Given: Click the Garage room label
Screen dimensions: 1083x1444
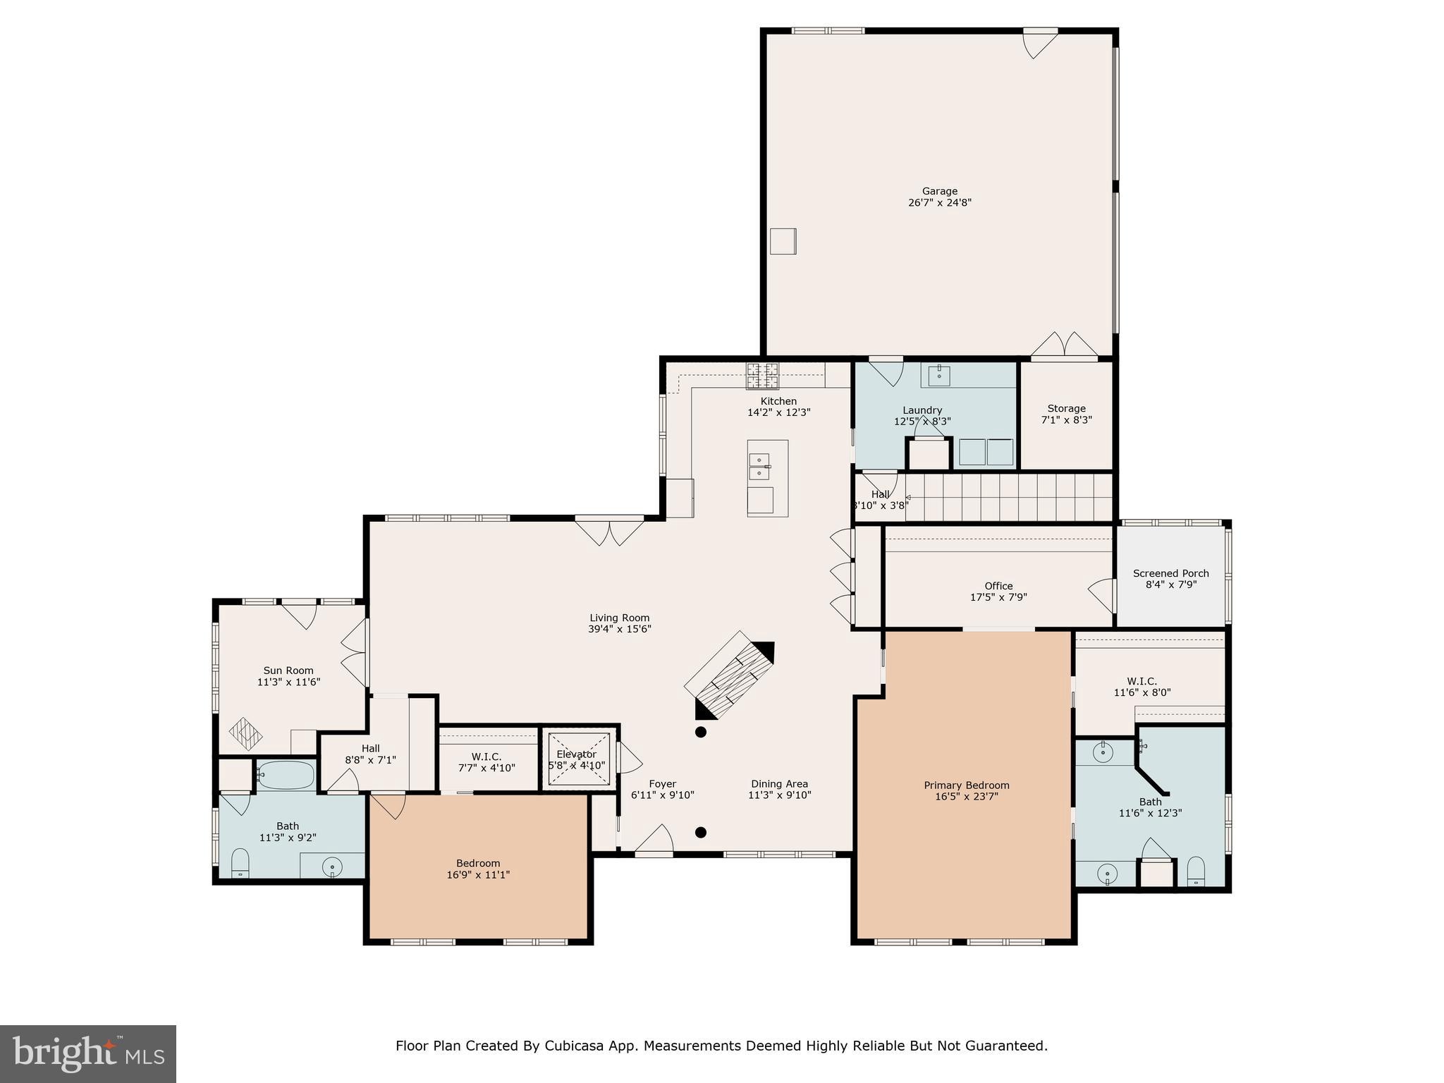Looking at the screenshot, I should point(939,191).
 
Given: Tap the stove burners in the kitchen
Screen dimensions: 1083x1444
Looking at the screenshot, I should point(762,376).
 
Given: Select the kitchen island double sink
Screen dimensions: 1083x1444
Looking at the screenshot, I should point(759,466).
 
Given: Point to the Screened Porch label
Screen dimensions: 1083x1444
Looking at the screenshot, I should point(1170,573).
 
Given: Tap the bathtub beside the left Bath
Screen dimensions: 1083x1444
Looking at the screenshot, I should point(286,775).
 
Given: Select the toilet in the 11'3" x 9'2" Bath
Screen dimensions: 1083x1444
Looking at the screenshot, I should point(240,864).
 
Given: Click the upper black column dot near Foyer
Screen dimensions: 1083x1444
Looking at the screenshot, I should point(701,732).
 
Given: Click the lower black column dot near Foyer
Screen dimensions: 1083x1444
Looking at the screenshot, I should point(701,833).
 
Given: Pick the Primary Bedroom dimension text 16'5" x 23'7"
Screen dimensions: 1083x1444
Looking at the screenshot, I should point(966,797).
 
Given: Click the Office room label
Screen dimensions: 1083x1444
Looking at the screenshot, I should point(998,586).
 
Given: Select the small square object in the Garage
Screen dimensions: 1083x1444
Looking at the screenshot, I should point(783,241).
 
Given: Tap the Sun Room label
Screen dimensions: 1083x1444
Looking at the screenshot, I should point(288,671).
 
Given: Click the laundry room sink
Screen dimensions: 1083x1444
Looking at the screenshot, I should point(938,375).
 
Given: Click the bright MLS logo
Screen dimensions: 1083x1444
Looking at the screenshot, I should point(87,1053).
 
